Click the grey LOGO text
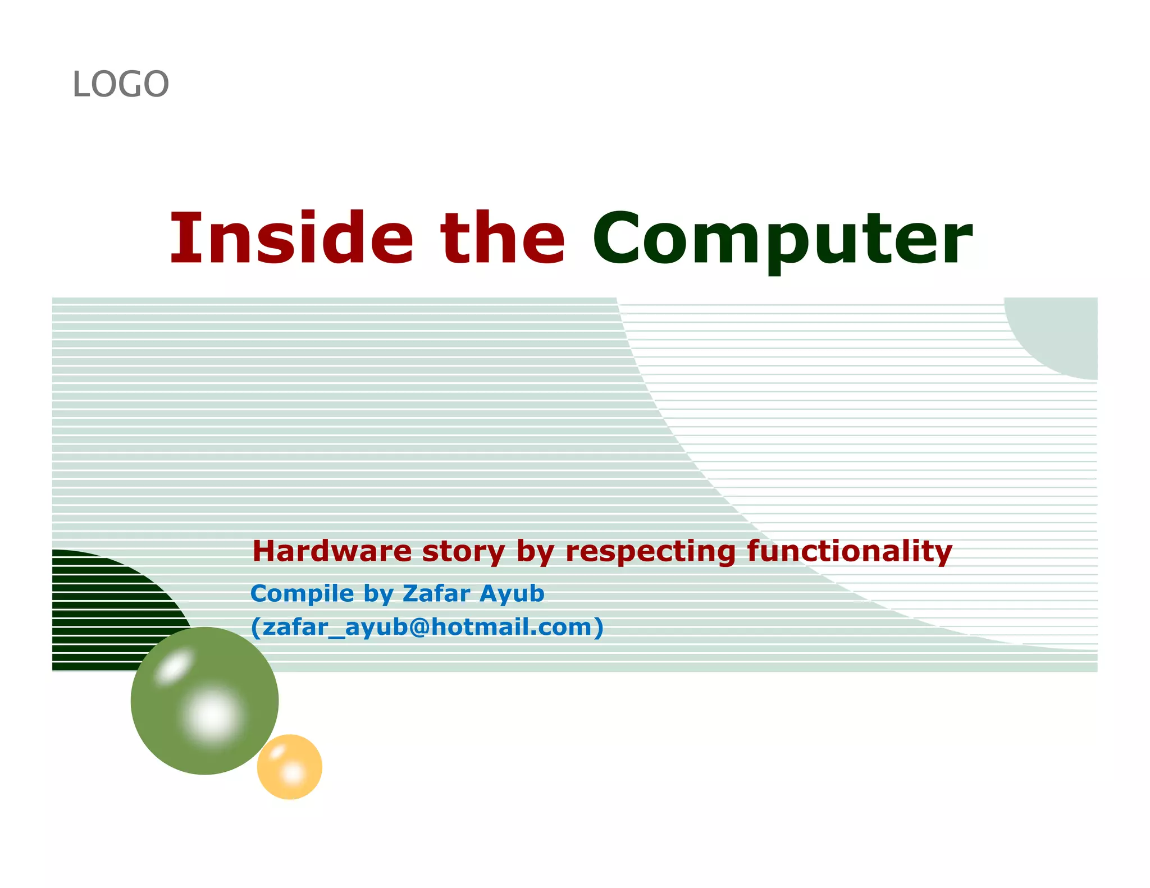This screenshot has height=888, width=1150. [121, 85]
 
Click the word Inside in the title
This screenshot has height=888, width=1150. [291, 238]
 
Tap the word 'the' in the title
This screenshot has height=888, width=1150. [503, 238]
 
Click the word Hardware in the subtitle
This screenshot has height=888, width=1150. [332, 551]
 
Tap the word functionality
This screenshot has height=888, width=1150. [850, 551]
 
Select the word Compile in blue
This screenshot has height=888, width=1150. [302, 594]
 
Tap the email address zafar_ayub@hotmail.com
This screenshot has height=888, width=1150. [427, 627]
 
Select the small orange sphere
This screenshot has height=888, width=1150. [290, 767]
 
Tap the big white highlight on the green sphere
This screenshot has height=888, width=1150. [212, 716]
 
